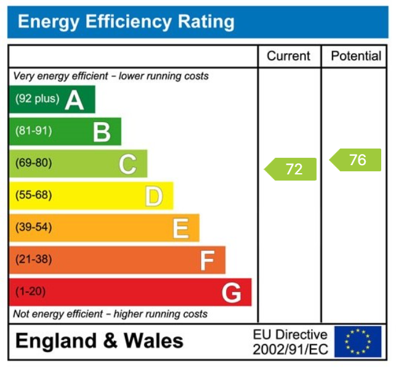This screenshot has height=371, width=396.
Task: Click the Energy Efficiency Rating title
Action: click(126, 22)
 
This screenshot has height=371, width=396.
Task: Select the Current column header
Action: click(288, 56)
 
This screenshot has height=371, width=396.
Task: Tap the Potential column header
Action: click(356, 56)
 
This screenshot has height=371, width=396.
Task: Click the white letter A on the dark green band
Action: click(75, 100)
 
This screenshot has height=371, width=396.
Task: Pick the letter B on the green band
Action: click(102, 132)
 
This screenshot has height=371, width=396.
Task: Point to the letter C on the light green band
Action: click(127, 164)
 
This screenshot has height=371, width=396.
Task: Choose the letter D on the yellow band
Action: click(154, 196)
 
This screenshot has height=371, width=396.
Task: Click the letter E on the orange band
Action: click(180, 229)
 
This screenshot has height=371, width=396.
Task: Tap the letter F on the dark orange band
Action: click(206, 261)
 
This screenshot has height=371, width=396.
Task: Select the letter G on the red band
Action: click(232, 293)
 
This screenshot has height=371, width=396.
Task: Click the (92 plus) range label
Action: click(37, 99)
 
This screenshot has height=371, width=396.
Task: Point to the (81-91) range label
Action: click(33, 131)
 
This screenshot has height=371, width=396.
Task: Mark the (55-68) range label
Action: click(33, 195)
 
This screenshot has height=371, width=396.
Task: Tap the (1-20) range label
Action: click(31, 291)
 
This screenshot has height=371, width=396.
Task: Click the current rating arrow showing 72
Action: click(291, 169)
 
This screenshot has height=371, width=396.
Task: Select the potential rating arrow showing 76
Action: click(355, 160)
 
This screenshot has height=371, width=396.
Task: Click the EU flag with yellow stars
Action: click(358, 341)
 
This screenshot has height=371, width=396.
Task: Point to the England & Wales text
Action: click(99, 341)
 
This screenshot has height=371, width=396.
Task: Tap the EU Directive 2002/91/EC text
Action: click(290, 342)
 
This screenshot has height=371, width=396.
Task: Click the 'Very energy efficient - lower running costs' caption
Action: click(111, 76)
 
